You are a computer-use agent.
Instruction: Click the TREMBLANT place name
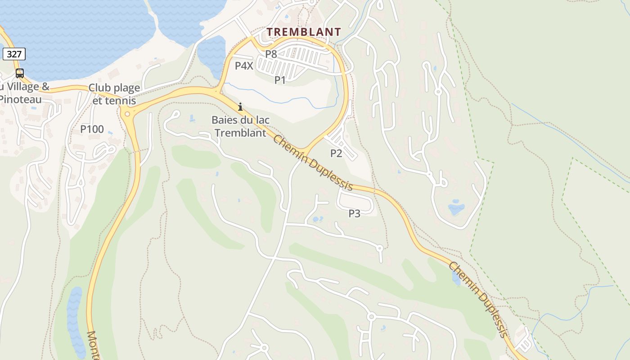pyautogui.click(x=304, y=32)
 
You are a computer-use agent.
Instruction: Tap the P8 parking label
pyautogui.click(x=271, y=54)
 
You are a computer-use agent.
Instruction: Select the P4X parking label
pyautogui.click(x=244, y=66)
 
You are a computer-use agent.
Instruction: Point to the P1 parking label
pyautogui.click(x=280, y=80)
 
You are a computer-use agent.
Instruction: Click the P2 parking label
pyautogui.click(x=336, y=153)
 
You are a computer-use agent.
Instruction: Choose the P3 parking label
pyautogui.click(x=355, y=213)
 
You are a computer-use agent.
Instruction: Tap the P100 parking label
pyautogui.click(x=92, y=130)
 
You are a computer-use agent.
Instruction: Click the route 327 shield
pyautogui.click(x=14, y=54)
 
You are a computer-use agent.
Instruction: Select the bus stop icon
pyautogui.click(x=20, y=73)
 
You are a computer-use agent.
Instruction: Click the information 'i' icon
pyautogui.click(x=240, y=107)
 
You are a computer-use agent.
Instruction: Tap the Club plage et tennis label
pyautogui.click(x=114, y=94)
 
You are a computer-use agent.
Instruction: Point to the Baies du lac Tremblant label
pyautogui.click(x=241, y=126)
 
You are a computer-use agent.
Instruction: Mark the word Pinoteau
pyautogui.click(x=20, y=99)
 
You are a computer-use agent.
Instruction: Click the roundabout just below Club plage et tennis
pyautogui.click(x=127, y=114)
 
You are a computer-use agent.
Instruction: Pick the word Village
pyautogui.click(x=22, y=86)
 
